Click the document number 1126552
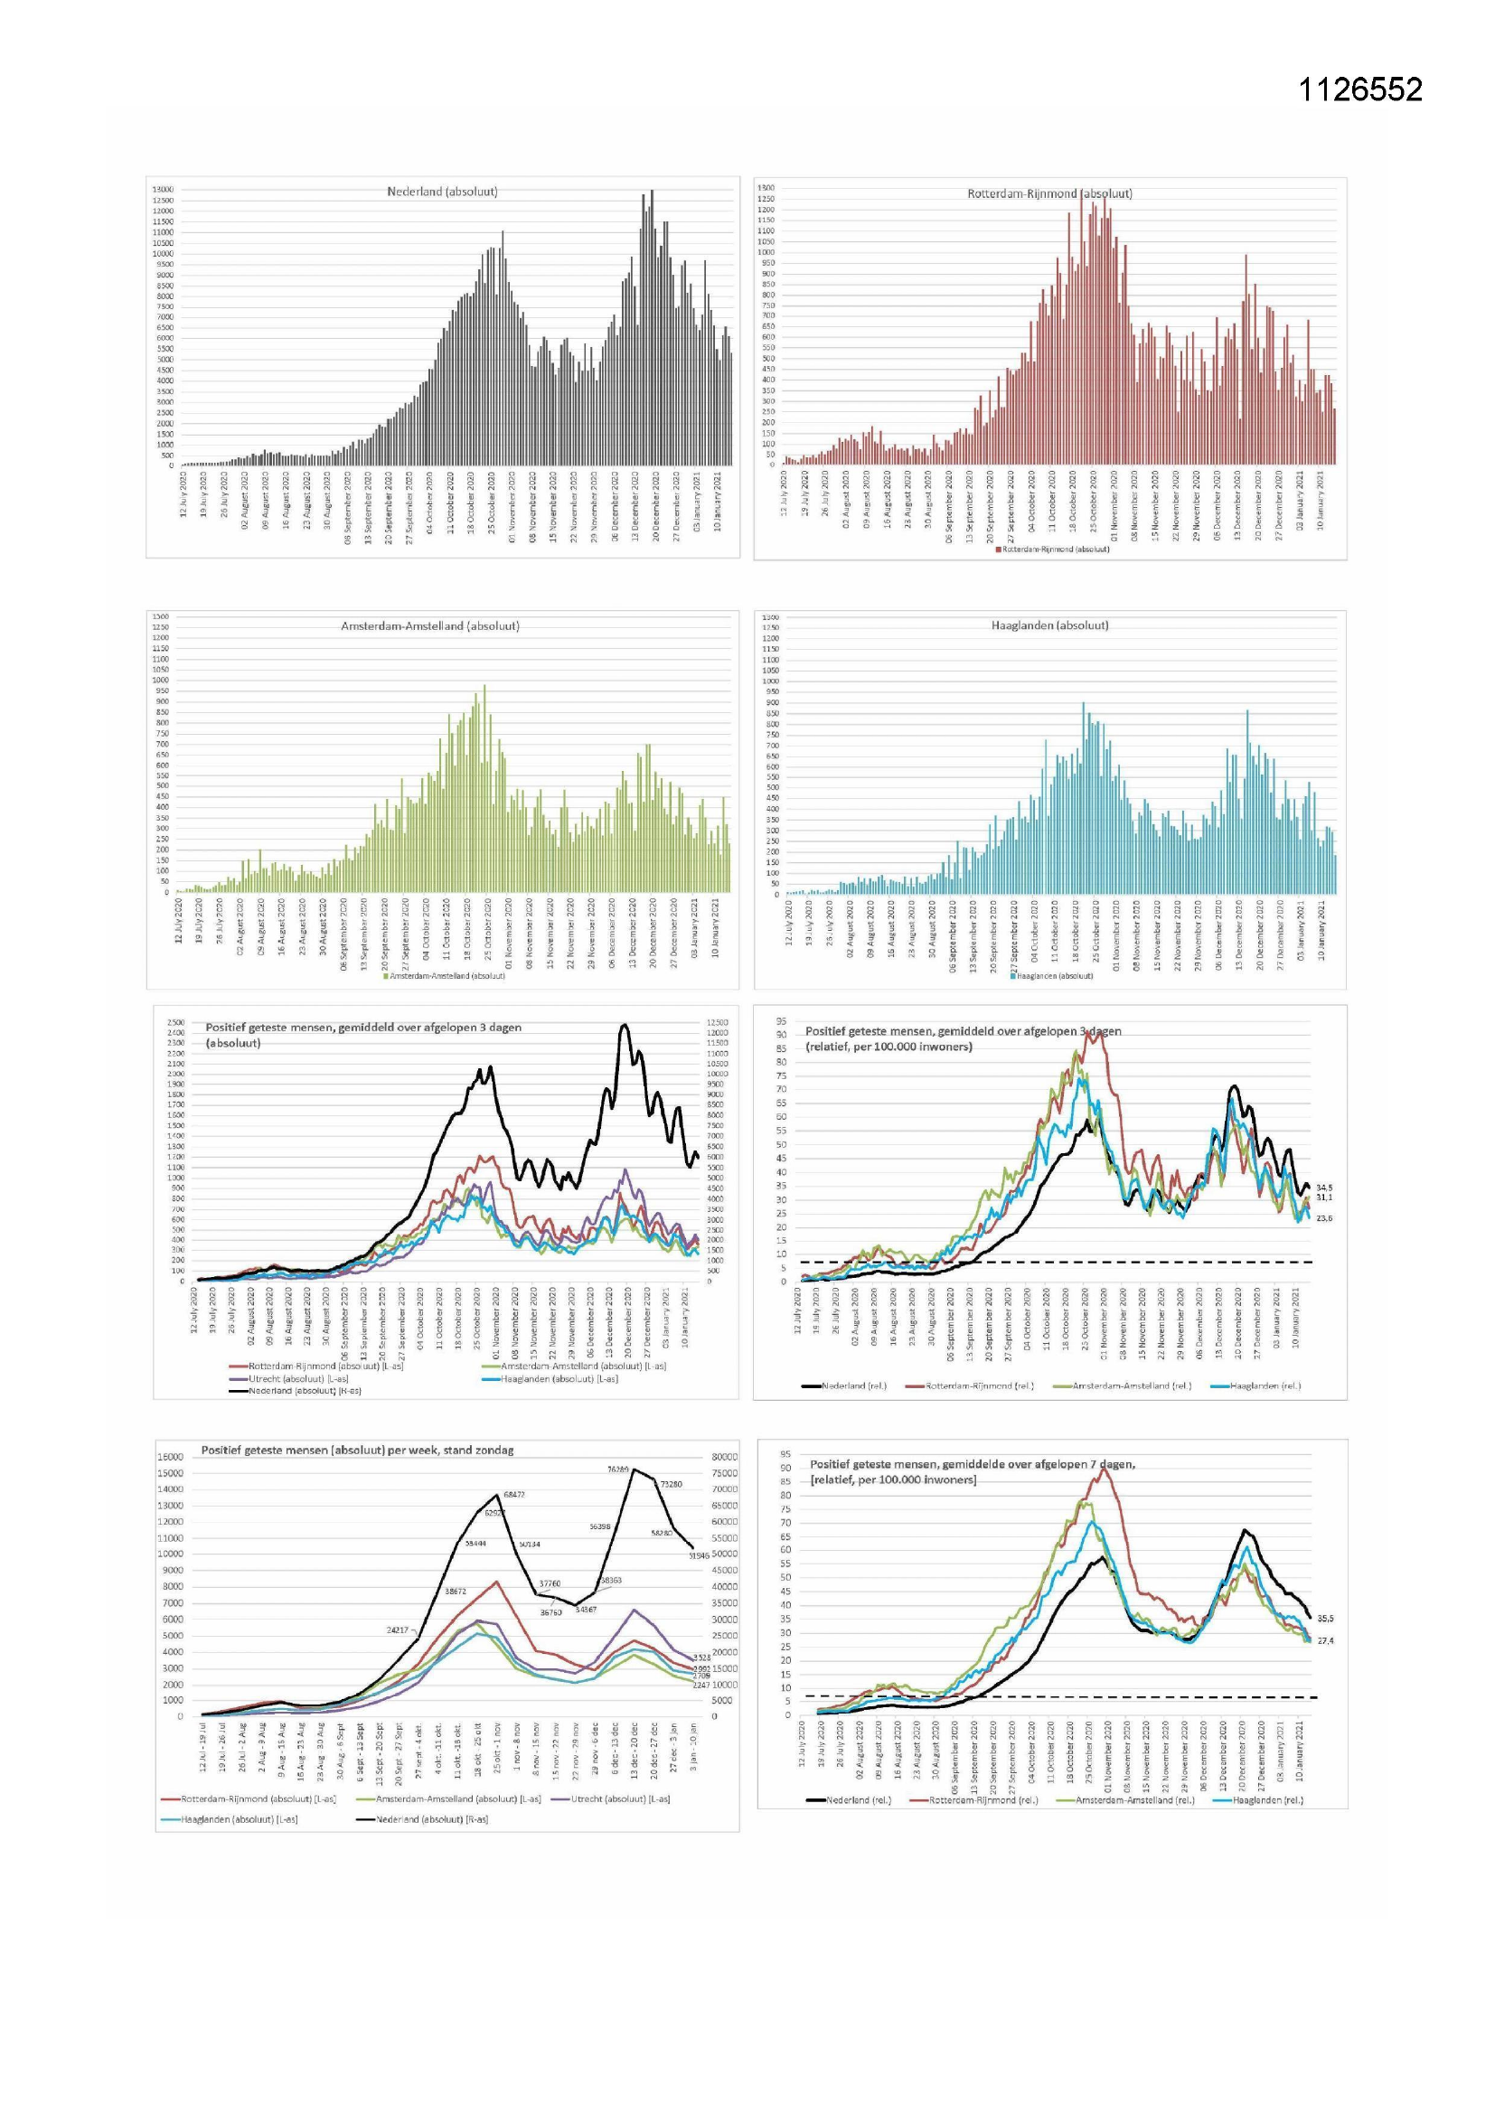point(1359,89)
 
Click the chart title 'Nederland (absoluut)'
point(442,192)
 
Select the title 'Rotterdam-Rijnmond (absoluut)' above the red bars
point(1049,193)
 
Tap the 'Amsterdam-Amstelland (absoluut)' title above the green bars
point(430,625)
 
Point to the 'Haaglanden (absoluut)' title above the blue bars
point(1049,625)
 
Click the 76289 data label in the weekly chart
point(617,1470)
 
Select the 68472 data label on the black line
point(513,1495)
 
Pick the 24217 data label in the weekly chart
point(397,1629)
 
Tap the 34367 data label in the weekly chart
point(586,1609)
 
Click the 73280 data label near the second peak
point(671,1485)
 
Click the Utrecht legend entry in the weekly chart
point(619,1798)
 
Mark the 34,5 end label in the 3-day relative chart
point(1324,1188)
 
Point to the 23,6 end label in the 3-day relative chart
point(1324,1218)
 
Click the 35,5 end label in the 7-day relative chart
point(1326,1618)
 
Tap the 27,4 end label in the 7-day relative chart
point(1326,1641)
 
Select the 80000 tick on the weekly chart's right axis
point(725,1457)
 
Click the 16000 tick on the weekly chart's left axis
point(170,1457)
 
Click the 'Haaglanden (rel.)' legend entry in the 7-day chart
point(1266,1799)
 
